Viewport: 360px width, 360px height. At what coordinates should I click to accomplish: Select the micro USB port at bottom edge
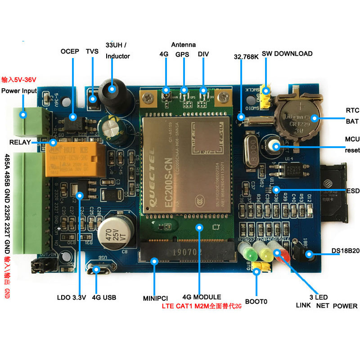pyautogui.click(x=97, y=270)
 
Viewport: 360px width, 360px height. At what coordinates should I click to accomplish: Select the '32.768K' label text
pyautogui.click(x=245, y=57)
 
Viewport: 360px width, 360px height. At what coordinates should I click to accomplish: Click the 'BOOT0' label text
pyautogui.click(x=256, y=301)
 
